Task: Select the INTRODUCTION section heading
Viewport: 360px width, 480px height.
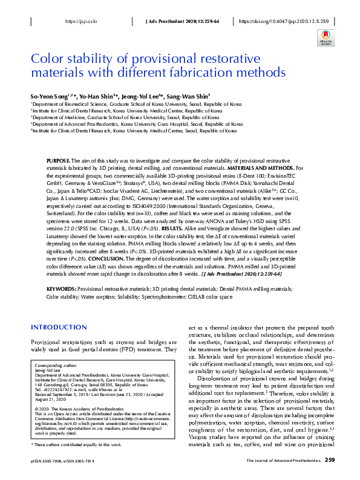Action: point(59,327)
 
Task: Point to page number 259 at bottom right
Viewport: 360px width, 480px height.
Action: point(330,460)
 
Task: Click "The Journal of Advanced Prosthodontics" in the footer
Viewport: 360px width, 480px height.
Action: point(283,461)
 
